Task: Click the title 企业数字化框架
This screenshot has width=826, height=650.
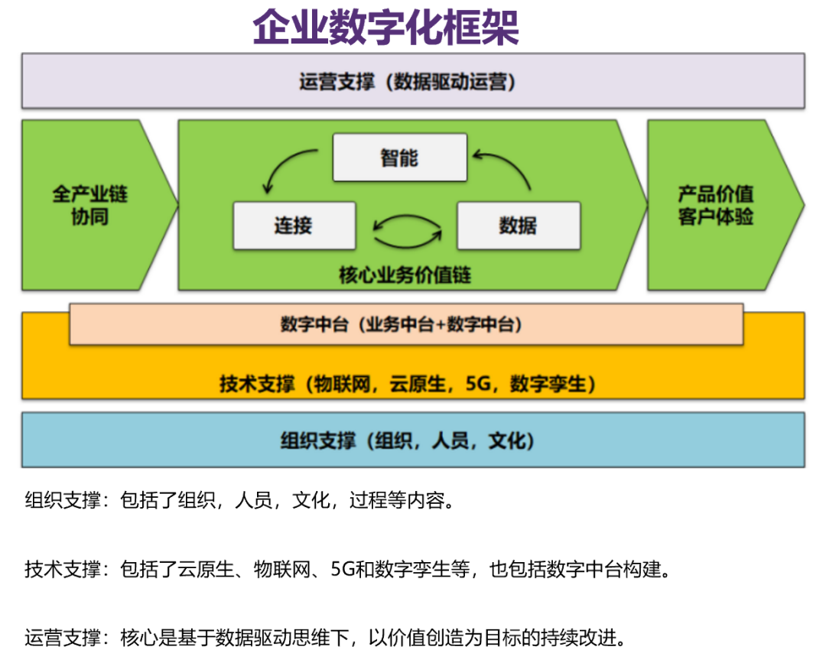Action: [x=385, y=28]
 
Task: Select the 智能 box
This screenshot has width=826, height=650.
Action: [x=399, y=158]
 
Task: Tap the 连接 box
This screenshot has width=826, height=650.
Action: [x=294, y=226]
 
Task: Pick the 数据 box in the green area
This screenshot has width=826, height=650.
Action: [x=518, y=226]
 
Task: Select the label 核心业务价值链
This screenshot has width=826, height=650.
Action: [x=405, y=275]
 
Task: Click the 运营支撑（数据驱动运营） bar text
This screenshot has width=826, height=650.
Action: [x=407, y=82]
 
